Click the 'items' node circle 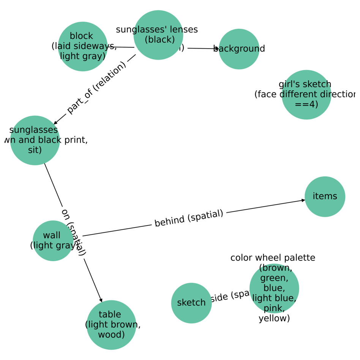(x=325, y=196)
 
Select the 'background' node (x=239, y=49)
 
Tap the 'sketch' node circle (x=191, y=303)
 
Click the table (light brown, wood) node (x=111, y=325)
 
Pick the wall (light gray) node (x=53, y=241)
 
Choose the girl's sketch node (x=306, y=95)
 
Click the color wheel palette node (x=274, y=288)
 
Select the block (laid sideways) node (x=82, y=46)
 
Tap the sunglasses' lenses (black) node (x=158, y=35)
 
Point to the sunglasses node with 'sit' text (x=35, y=140)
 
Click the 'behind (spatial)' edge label (x=189, y=218)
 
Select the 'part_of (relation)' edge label (x=96, y=87)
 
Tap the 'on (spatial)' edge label (x=74, y=232)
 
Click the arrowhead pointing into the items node (x=303, y=200)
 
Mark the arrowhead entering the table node (x=101, y=300)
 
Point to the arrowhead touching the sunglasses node (x=55, y=123)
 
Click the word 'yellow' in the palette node (x=274, y=318)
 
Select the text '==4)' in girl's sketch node (x=306, y=104)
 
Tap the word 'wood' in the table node (x=111, y=335)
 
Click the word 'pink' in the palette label (x=274, y=308)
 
